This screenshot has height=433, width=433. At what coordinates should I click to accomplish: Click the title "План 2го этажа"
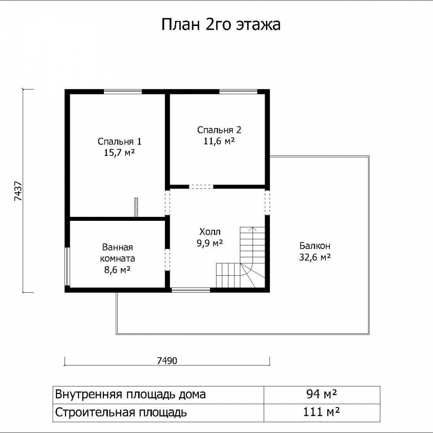221,24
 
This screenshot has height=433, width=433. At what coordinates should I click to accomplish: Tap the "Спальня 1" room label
120,142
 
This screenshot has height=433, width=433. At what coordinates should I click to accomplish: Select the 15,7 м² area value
120,152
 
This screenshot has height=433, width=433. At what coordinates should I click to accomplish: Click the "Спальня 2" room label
219,130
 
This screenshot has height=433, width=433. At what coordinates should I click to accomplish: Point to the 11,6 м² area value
219,141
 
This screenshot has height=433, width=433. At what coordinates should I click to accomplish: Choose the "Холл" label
210,231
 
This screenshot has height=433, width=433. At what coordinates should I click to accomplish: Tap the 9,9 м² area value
210,243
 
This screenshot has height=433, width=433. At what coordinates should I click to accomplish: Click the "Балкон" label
315,246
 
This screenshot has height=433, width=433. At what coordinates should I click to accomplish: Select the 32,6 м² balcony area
315,257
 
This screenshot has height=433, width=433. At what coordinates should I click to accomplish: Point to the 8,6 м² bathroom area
117,269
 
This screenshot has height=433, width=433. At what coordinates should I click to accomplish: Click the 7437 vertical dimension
18,191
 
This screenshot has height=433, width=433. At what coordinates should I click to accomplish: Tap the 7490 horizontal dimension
167,361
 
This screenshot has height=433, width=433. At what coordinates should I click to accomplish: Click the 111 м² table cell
321,412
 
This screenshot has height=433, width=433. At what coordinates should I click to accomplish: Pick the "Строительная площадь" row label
121,413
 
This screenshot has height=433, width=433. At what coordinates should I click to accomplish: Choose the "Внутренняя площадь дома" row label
130,394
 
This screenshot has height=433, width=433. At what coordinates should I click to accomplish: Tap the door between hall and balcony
267,203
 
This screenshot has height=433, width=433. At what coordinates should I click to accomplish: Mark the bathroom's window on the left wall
67,266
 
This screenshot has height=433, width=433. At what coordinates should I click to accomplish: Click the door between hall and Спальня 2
201,187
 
